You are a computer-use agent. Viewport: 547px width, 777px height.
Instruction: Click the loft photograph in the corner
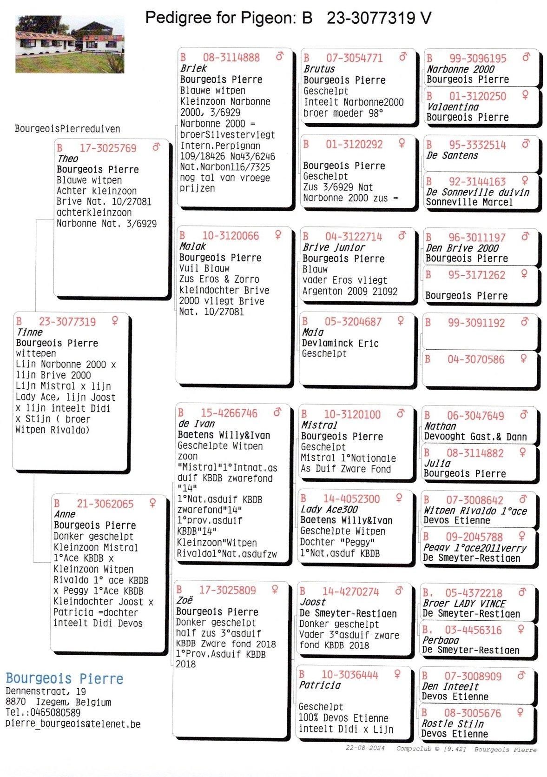pyautogui.click(x=70, y=44)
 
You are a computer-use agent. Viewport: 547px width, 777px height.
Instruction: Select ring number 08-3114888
pyautogui.click(x=231, y=58)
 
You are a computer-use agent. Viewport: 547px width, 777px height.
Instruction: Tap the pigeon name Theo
pyautogui.click(x=68, y=159)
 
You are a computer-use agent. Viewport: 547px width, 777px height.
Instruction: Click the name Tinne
pyautogui.click(x=29, y=332)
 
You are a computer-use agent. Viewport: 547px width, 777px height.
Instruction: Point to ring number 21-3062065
pyautogui.click(x=105, y=504)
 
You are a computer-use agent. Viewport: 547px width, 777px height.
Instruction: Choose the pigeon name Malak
pyautogui.click(x=192, y=246)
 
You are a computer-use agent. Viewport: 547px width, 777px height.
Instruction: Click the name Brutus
pyautogui.click(x=319, y=69)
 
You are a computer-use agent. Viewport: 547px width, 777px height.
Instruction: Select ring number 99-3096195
pyautogui.click(x=477, y=59)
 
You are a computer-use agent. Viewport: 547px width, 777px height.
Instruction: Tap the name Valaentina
pyautogui.click(x=452, y=107)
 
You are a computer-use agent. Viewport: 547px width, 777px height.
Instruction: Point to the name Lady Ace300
pyautogui.click(x=329, y=510)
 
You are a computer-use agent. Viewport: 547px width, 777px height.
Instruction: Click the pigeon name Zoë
pyautogui.click(x=185, y=601)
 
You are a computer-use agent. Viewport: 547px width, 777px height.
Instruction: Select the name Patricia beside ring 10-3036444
pyautogui.click(x=319, y=685)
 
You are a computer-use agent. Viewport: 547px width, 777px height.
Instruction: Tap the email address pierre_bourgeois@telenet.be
pyautogui.click(x=73, y=724)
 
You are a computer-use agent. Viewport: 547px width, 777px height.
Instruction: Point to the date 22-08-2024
pyautogui.click(x=365, y=748)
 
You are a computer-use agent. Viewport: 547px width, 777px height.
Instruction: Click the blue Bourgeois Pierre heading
pyautogui.click(x=65, y=679)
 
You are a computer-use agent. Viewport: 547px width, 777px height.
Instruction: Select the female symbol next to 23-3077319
pyautogui.click(x=115, y=321)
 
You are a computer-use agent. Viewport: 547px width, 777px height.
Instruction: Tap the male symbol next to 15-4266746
pyautogui.click(x=277, y=412)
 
